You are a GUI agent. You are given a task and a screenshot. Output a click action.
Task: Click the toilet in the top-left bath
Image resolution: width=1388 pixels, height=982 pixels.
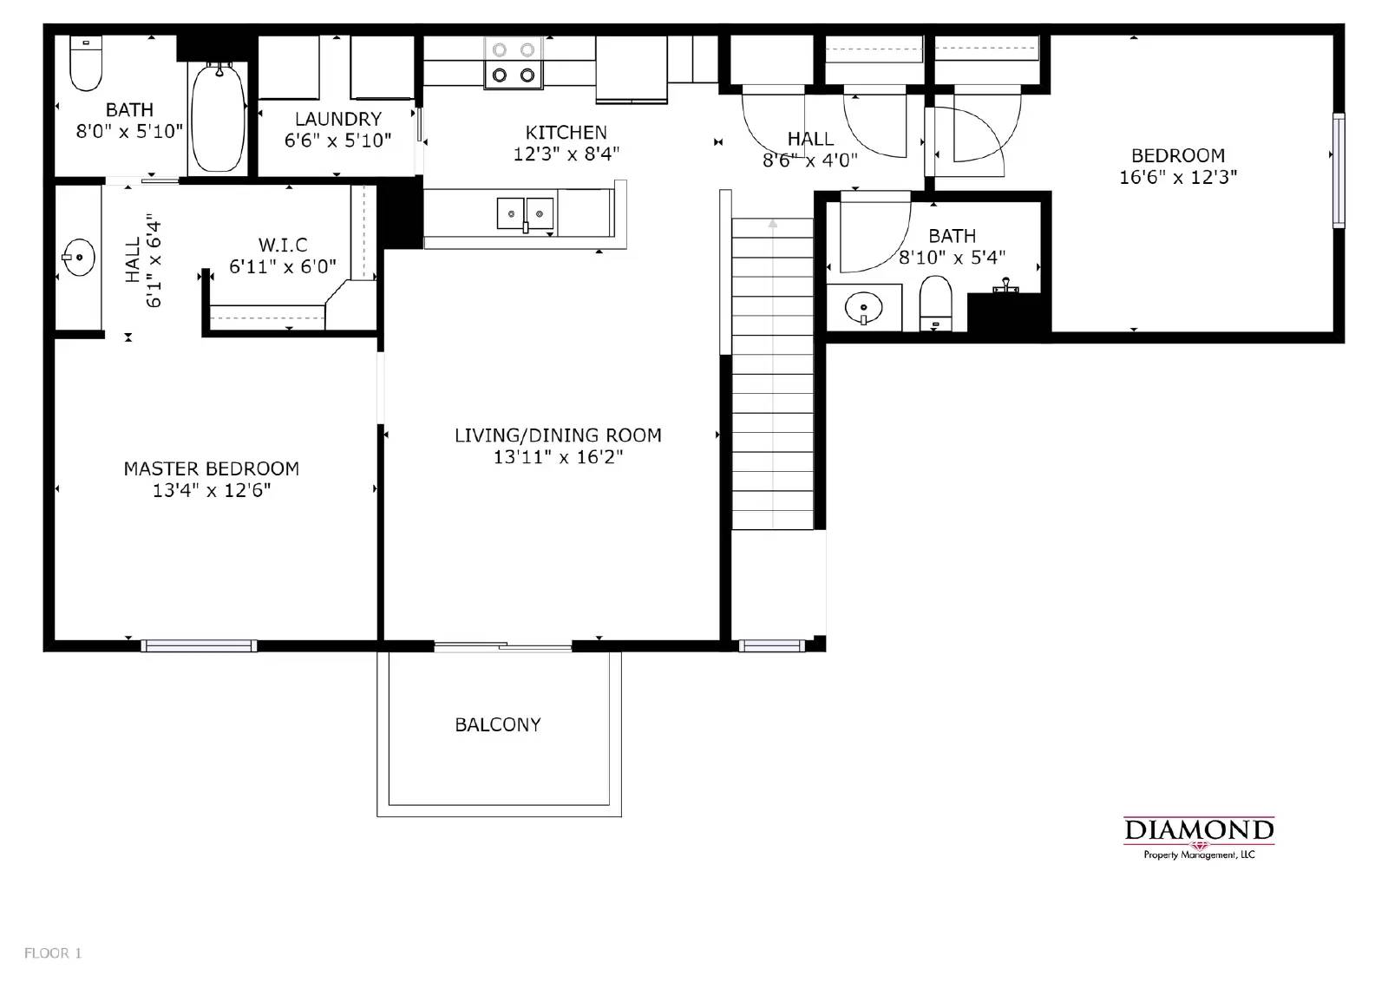coord(86,64)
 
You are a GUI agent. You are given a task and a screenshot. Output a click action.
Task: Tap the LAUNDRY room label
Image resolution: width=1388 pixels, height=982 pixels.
coord(337,119)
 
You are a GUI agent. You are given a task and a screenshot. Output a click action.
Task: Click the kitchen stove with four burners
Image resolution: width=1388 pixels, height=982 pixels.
coord(514,62)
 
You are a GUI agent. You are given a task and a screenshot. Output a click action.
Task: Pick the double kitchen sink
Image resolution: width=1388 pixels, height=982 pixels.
coord(525,213)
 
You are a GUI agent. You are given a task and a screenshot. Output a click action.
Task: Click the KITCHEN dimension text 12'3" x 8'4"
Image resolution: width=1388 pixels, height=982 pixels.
coord(566,154)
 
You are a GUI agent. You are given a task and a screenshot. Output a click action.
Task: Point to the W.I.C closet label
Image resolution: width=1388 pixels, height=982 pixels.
coord(283,245)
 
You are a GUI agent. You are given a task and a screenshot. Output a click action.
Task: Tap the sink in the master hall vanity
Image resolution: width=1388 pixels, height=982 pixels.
coord(78,258)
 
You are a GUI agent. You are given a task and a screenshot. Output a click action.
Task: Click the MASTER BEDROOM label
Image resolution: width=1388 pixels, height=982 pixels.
coord(212,468)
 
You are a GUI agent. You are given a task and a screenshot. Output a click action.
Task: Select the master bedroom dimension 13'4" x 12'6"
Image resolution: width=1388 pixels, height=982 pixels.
coord(212,490)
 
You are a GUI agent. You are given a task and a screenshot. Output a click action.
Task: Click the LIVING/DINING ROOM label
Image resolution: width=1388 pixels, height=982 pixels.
coord(558,435)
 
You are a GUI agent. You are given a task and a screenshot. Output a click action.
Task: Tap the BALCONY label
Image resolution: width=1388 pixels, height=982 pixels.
coord(498,724)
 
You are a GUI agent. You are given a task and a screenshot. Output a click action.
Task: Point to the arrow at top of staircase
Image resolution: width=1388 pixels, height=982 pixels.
coord(772,224)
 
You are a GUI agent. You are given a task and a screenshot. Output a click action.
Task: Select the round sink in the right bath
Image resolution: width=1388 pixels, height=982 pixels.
coord(863,308)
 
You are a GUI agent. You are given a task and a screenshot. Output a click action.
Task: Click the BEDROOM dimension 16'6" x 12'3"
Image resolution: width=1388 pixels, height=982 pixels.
coord(1178,177)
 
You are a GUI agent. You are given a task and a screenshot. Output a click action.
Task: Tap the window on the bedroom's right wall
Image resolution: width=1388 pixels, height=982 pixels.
coord(1339,170)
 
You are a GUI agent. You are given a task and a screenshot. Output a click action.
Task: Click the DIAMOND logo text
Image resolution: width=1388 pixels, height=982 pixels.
coord(1198,830)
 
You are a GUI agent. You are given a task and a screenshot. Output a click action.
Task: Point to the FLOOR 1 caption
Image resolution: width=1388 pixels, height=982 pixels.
coord(53,953)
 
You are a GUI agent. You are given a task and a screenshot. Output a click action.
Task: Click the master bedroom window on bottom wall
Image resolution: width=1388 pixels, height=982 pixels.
coord(199,645)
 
